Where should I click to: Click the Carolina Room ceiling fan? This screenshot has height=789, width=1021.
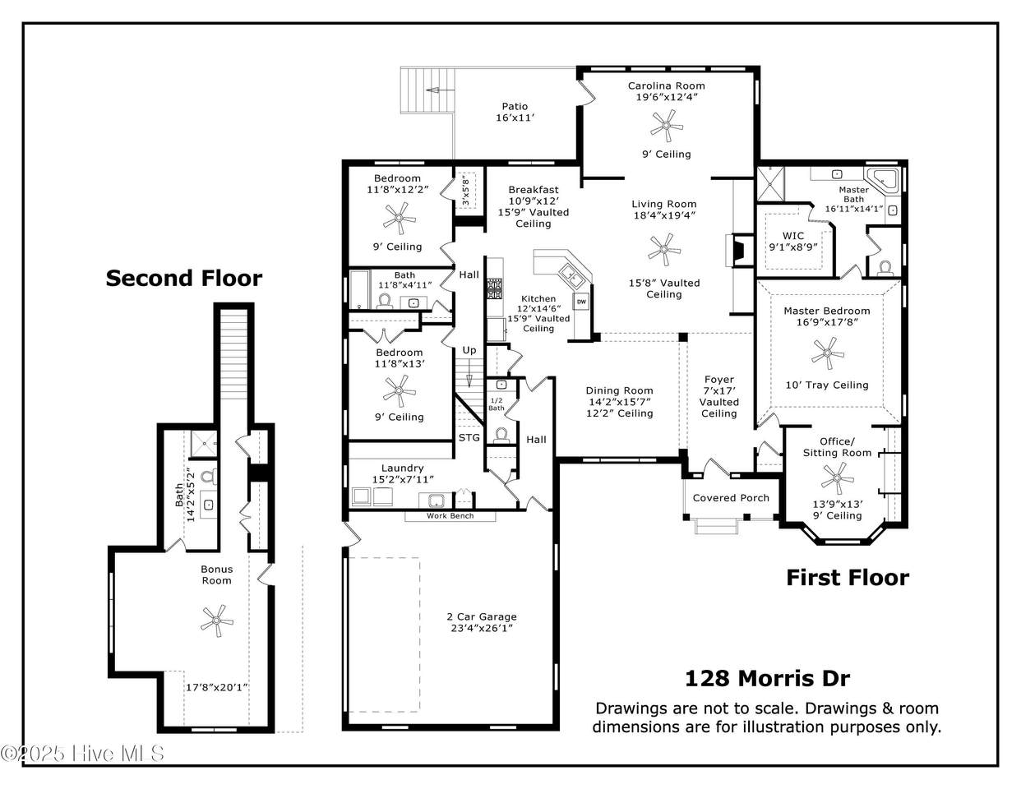click(x=666, y=126)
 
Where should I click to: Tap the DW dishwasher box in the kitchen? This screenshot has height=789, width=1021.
click(x=581, y=302)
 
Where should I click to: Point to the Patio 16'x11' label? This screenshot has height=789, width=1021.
click(x=515, y=113)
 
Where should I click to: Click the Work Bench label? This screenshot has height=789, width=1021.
click(x=450, y=515)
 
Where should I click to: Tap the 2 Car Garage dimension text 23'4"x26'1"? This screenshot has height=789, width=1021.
click(x=482, y=628)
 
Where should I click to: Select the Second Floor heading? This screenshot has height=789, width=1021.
click(x=183, y=278)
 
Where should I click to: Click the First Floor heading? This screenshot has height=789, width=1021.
click(x=848, y=577)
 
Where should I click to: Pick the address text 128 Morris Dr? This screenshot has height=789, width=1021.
click(x=767, y=678)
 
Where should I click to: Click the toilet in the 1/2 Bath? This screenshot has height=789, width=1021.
click(x=501, y=435)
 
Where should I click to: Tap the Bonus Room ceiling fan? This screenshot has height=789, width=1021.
click(x=216, y=621)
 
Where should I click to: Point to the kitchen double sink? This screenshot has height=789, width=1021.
click(x=571, y=275)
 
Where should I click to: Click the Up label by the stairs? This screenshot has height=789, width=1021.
click(x=469, y=350)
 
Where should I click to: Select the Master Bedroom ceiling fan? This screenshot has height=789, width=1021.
click(x=827, y=353)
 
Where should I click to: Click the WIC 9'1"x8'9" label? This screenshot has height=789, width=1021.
click(x=793, y=242)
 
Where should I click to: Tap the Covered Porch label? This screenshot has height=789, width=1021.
click(x=731, y=498)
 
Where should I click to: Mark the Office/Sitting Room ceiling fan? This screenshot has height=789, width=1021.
click(x=837, y=478)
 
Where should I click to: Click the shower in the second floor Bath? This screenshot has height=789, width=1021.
click(x=204, y=445)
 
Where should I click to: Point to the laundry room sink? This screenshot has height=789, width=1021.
click(x=437, y=501)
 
